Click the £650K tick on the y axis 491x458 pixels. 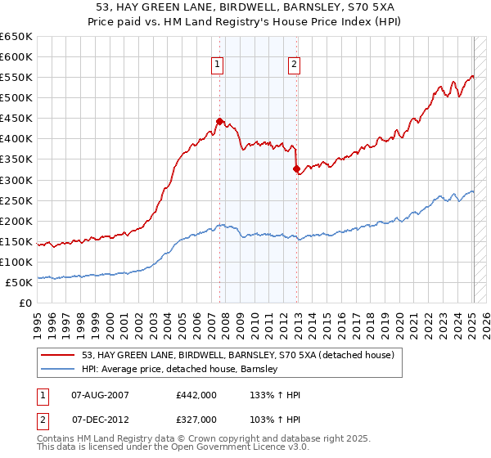(16, 37)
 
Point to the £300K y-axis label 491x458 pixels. (16, 180)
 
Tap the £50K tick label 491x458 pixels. (20, 282)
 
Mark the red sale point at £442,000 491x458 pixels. (219, 121)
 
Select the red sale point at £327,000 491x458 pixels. (296, 169)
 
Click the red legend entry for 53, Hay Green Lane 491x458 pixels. (237, 355)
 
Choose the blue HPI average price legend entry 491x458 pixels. (180, 369)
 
